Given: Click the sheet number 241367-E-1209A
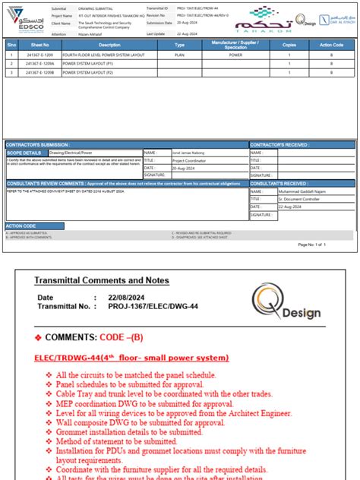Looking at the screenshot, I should coord(39,65).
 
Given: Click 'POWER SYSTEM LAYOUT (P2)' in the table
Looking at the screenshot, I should coord(92,74).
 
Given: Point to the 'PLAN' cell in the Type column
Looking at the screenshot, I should coord(179,56).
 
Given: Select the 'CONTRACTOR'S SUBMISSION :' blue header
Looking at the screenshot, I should coord(36,144).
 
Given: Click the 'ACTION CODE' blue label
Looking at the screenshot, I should coord(21,226).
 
